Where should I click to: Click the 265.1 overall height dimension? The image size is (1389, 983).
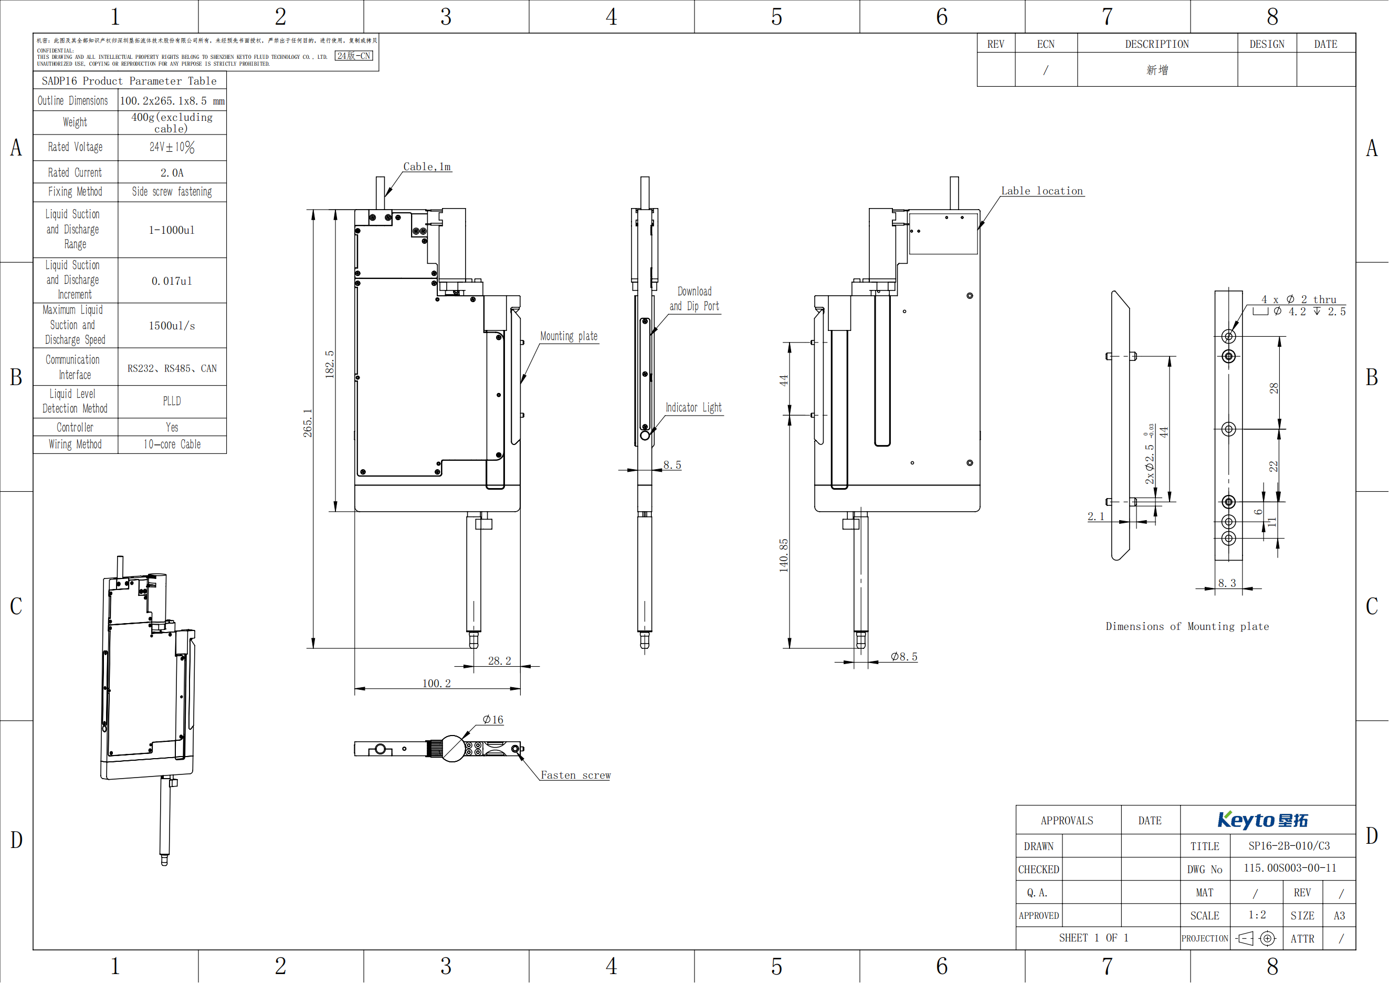coord(307,422)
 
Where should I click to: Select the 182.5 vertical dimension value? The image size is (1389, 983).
coord(330,365)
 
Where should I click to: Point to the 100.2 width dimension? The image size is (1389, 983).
coord(436,684)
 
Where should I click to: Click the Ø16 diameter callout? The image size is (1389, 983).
coord(492,720)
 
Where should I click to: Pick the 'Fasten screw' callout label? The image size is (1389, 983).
coord(575,775)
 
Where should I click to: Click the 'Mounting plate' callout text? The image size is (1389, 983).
coord(569,337)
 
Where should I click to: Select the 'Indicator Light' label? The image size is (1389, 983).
coord(693,408)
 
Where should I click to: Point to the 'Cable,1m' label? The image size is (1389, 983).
coord(427,167)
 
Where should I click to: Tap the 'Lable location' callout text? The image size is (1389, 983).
coord(1041,191)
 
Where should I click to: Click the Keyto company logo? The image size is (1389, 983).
coord(1262,820)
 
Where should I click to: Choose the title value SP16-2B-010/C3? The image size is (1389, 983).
coord(1289,845)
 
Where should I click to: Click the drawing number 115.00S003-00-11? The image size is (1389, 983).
coord(1290,868)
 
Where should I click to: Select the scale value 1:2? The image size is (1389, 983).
coord(1257,915)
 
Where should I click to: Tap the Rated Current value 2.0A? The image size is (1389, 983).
coord(172,173)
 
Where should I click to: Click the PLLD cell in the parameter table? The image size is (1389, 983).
coord(172,401)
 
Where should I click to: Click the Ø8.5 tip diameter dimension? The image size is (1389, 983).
coord(904,657)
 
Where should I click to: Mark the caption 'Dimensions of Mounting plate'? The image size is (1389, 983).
coord(1187,626)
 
